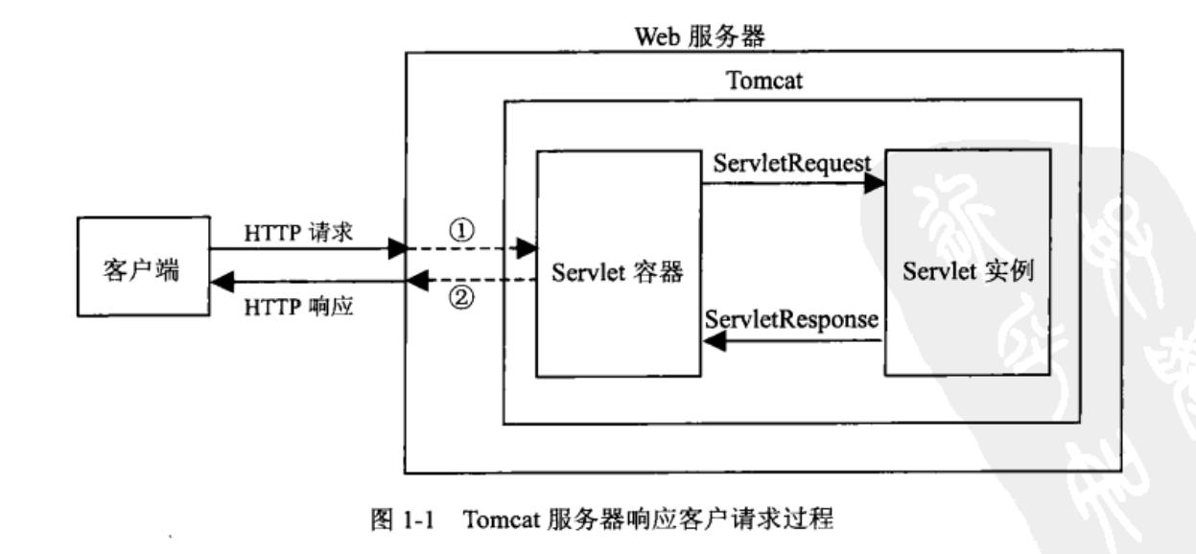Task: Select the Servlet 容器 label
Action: (x=618, y=272)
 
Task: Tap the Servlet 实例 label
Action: (x=972, y=271)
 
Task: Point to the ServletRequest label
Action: (x=792, y=164)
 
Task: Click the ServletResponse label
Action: (x=791, y=320)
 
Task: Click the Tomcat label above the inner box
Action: (x=764, y=81)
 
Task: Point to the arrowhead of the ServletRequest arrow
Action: (x=874, y=185)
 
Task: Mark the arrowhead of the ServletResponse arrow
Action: (x=715, y=343)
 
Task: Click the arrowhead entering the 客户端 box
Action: (x=221, y=282)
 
